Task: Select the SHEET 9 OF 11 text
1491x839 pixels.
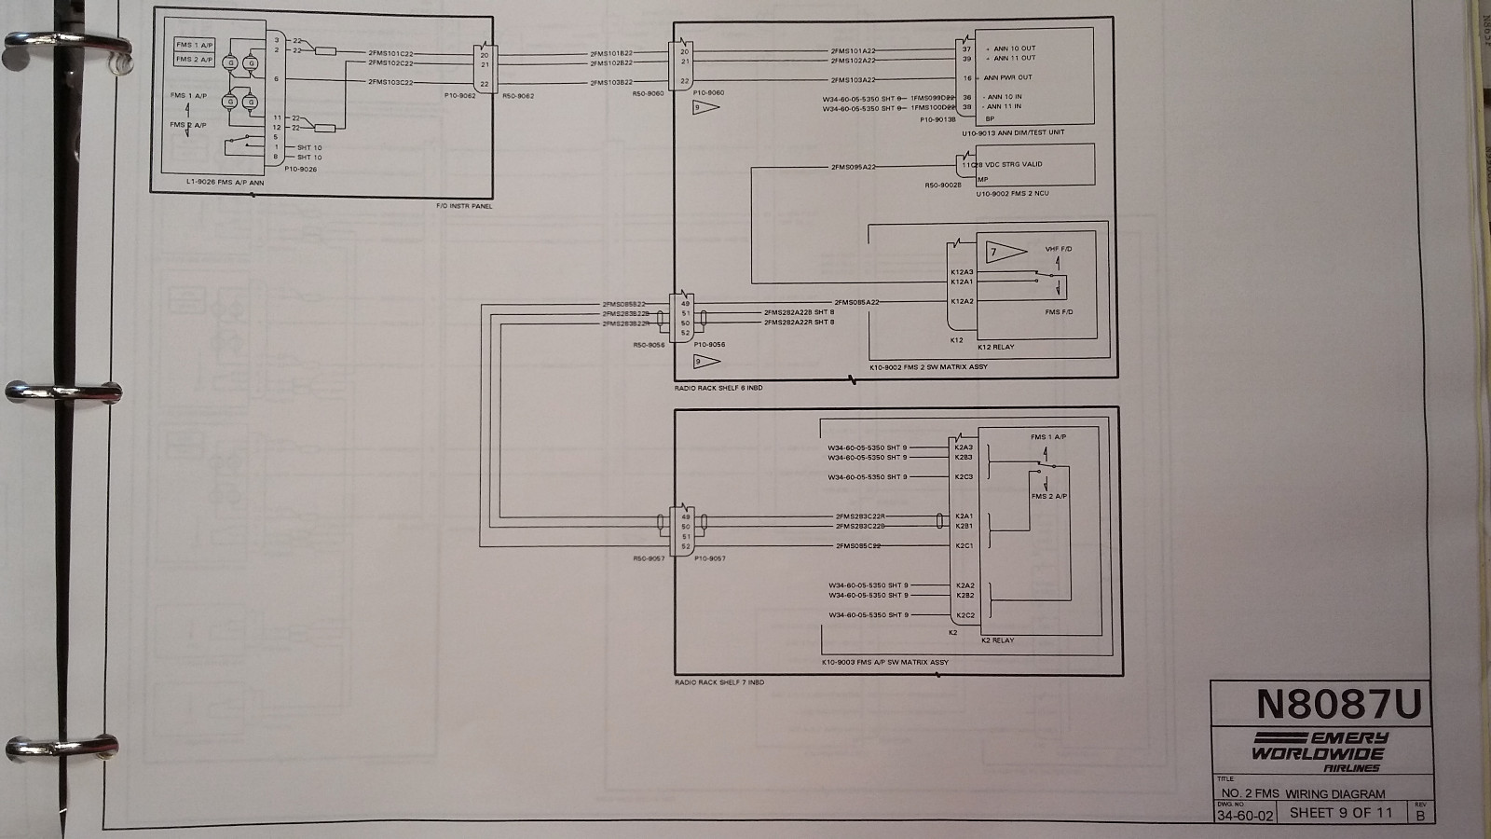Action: pos(1341,813)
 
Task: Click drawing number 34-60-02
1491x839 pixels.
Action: pos(1244,815)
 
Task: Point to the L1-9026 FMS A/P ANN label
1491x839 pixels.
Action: pos(226,183)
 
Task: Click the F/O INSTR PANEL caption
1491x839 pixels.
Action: pos(464,205)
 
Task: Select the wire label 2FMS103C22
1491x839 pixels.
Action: pos(390,82)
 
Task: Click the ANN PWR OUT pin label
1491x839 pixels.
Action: pos(1008,78)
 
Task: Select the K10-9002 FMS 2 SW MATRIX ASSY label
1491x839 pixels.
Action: pos(928,367)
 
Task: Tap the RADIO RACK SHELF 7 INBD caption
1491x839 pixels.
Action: pos(719,682)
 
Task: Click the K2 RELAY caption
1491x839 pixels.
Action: pos(997,640)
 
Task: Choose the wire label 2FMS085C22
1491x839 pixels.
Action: pos(858,546)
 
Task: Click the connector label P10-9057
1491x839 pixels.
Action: pos(709,558)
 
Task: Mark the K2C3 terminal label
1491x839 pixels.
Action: pos(964,477)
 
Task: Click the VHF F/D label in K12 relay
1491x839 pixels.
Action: pos(1059,249)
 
